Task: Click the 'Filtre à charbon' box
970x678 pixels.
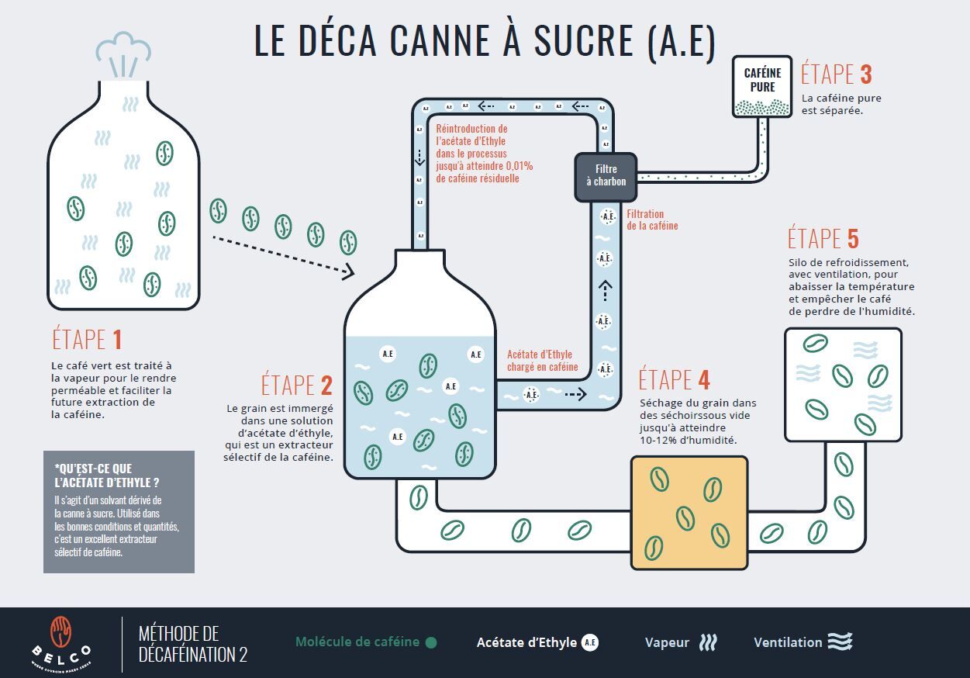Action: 606,176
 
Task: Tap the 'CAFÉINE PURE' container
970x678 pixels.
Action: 762,86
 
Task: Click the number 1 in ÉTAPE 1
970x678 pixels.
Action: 116,340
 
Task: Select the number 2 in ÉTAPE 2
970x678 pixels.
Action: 326,385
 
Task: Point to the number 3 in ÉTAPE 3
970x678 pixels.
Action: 866,74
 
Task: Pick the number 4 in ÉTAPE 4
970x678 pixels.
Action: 703,380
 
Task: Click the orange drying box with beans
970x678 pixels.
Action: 689,513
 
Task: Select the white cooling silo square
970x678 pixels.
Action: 843,384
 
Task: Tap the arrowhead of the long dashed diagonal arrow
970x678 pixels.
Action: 349,272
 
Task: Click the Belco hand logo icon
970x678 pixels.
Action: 61,632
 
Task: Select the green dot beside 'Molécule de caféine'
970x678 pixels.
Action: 431,642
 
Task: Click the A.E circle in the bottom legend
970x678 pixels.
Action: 590,642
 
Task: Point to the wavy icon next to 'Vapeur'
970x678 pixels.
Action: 708,642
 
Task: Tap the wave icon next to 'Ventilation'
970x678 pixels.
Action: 840,642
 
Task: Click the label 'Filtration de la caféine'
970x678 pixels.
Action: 652,220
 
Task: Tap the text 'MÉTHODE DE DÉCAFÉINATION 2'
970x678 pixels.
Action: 192,643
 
